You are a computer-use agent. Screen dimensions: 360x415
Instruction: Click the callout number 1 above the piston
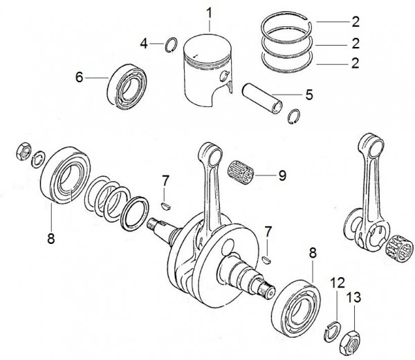tap(210, 12)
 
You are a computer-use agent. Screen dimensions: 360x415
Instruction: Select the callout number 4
tap(145, 44)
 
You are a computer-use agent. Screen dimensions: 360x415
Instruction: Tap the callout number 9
tap(282, 175)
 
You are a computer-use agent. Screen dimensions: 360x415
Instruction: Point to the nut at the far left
tap(21, 151)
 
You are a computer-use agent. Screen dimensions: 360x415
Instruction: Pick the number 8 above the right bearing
tap(313, 254)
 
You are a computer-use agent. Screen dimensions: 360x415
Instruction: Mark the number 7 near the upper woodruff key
tap(165, 181)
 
